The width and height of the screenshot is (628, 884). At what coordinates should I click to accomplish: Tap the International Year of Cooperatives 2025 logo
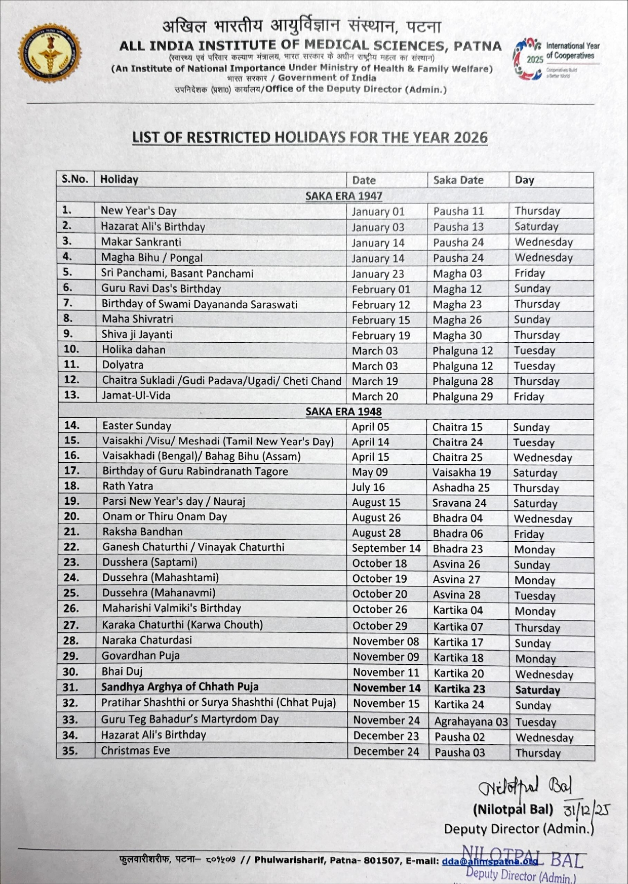click(x=556, y=58)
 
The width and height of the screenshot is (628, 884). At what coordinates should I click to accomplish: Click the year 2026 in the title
click(x=470, y=138)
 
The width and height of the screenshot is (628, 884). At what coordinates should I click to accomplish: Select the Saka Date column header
click(x=458, y=180)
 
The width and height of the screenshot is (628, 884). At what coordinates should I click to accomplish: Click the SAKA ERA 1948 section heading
click(x=343, y=412)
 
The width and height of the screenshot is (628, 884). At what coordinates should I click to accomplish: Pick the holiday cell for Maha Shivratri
click(x=137, y=319)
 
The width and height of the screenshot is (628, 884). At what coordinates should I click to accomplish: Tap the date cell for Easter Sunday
click(x=370, y=427)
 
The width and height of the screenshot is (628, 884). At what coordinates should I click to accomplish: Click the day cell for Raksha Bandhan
click(x=529, y=534)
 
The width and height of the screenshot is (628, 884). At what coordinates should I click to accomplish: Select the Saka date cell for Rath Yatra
click(x=461, y=488)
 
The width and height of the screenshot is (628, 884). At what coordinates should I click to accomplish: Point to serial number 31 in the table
click(x=70, y=688)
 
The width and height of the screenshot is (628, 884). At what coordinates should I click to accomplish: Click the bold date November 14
click(x=386, y=688)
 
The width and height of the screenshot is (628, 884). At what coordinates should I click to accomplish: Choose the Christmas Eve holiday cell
click(x=135, y=750)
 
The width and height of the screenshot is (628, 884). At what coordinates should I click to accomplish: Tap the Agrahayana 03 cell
click(x=470, y=721)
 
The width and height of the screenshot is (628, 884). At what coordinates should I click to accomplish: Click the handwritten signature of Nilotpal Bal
click(x=525, y=786)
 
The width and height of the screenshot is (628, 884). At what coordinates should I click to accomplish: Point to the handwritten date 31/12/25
click(x=586, y=810)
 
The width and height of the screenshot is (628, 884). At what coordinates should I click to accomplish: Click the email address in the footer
click(x=489, y=860)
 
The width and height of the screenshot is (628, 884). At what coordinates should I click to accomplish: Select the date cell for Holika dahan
click(x=375, y=351)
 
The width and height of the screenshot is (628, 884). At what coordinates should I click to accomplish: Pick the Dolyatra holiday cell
click(x=123, y=365)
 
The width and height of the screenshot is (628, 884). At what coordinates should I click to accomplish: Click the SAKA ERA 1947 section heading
click(x=343, y=196)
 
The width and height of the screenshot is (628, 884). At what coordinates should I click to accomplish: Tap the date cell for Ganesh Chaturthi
click(x=386, y=548)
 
